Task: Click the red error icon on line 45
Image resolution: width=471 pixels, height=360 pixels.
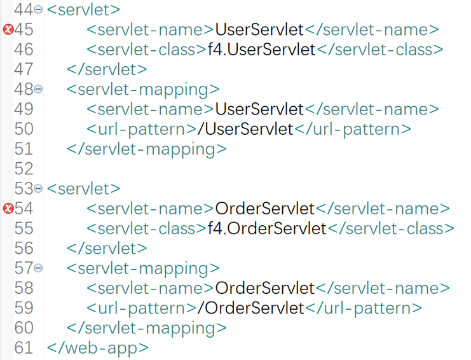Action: tap(8, 29)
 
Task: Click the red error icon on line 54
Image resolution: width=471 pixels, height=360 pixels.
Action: tap(8, 208)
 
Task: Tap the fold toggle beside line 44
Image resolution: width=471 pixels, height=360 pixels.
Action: tap(38, 10)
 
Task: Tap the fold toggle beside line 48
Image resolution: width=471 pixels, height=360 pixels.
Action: tap(38, 89)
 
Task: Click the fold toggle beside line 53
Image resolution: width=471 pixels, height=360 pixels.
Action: tap(38, 188)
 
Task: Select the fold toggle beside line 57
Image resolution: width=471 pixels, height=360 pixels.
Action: tap(38, 268)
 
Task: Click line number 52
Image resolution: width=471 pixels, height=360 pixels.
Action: tap(24, 169)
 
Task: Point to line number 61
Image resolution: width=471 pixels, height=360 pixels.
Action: tap(24, 347)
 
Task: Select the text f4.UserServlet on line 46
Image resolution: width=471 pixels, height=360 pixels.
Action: tap(261, 49)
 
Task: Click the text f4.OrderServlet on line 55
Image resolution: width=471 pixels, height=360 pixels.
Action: tap(267, 228)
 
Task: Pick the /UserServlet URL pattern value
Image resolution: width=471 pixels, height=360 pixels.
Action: tap(245, 129)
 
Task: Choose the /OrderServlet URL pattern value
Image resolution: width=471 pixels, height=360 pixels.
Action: tap(250, 308)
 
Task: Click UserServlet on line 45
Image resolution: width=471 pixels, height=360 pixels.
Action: tap(259, 29)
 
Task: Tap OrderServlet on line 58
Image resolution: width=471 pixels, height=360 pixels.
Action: tap(265, 288)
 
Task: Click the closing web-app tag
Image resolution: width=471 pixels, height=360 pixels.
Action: tap(98, 348)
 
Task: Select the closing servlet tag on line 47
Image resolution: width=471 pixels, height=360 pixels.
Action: tap(107, 69)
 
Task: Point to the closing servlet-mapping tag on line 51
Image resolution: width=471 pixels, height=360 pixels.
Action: tap(146, 149)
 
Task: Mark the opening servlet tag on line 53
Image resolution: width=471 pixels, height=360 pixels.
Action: tap(83, 188)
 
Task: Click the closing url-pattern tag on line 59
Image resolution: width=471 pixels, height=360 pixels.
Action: tap(363, 308)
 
